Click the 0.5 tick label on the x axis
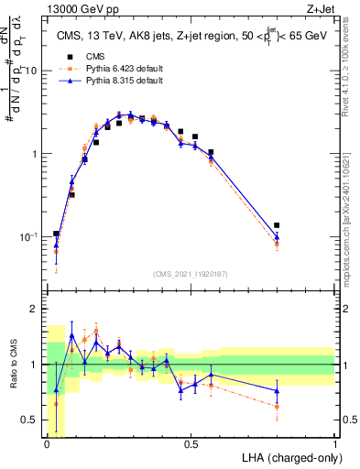[x=191, y=443]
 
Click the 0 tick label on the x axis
[x=47, y=443]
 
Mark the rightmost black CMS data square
[x=277, y=225]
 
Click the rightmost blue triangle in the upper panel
[x=277, y=237]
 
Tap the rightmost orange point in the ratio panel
[x=277, y=406]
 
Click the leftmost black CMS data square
[x=56, y=234]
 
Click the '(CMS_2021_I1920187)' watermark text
[x=191, y=274]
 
